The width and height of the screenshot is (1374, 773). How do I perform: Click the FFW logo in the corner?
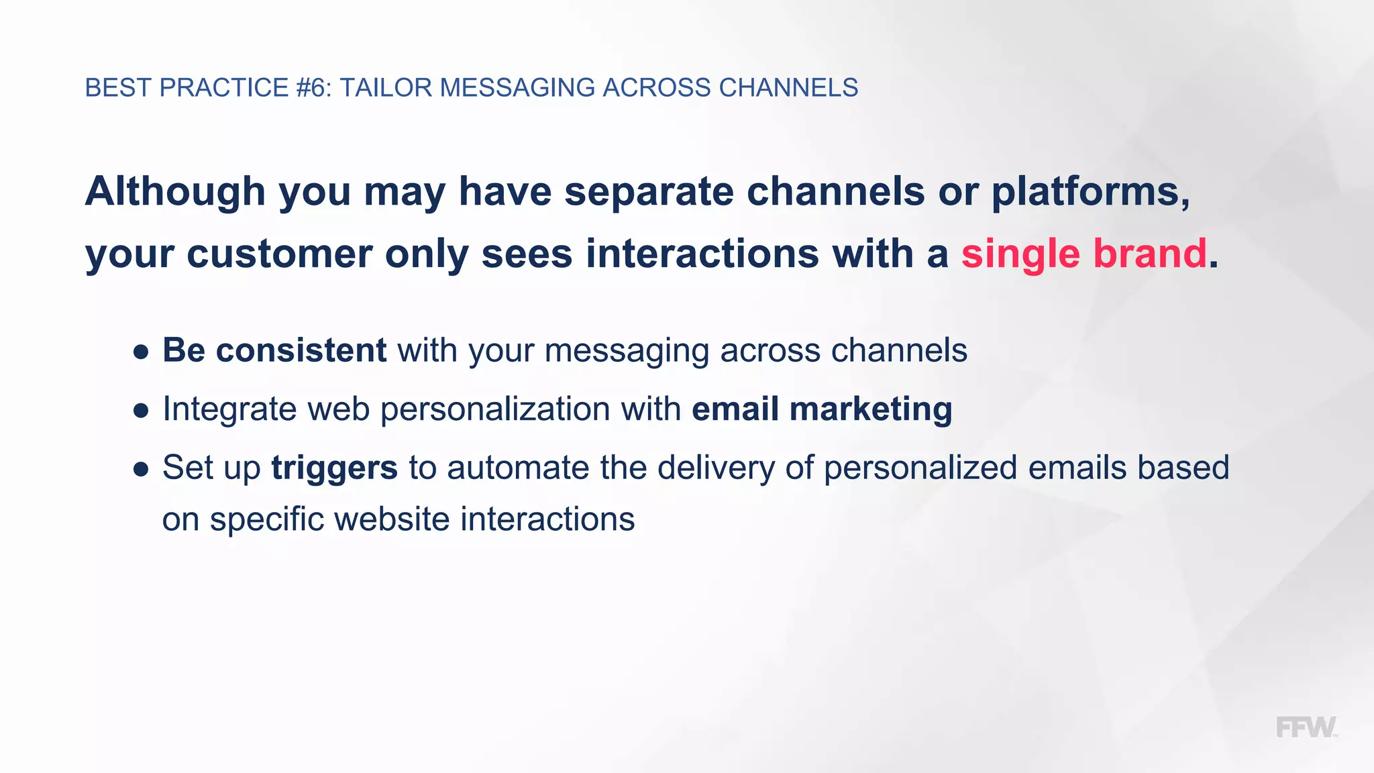pos(1306,727)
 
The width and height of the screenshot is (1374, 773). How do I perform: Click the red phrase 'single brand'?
pos(1084,254)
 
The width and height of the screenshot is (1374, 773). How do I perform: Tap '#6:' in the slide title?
pos(313,88)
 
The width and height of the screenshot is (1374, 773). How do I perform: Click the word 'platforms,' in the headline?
pos(1091,191)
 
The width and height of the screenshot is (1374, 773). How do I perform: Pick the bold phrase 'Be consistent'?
pos(274,350)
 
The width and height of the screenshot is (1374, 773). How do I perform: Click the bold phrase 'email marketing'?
pos(822,409)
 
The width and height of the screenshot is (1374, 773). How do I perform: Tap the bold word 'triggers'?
pos(334,468)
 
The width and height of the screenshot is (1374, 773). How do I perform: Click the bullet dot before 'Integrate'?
pos(141,411)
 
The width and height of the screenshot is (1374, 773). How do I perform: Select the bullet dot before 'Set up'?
pos(141,469)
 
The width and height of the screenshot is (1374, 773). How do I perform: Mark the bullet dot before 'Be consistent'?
pos(141,352)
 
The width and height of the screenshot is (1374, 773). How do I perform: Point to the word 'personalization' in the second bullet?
pos(496,409)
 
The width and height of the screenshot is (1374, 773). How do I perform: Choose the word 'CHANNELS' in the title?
pos(788,88)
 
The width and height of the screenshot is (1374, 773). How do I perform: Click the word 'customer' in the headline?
pos(279,254)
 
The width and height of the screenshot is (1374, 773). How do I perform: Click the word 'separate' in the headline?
pos(649,191)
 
